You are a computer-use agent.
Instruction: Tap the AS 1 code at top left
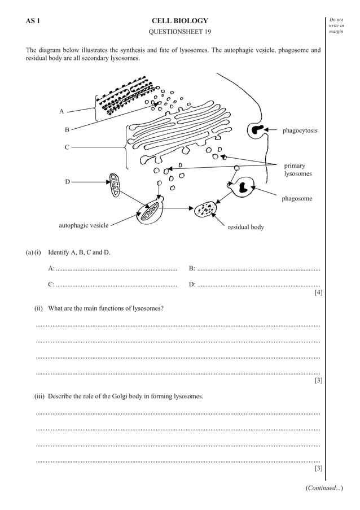click(32, 21)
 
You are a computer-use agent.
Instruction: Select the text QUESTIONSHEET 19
click(179, 32)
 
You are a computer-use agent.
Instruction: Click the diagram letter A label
click(61, 111)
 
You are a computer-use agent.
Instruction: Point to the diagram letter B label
click(67, 130)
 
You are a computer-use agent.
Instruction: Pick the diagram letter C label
click(67, 147)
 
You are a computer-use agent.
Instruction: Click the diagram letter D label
click(67, 182)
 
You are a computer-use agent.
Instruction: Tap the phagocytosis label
click(300, 130)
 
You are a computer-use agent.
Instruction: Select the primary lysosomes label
click(297, 169)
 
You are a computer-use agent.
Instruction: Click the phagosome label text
click(297, 199)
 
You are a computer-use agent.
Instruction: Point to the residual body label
click(245, 227)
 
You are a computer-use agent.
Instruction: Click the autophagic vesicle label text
click(84, 225)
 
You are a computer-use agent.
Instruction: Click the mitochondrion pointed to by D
click(115, 185)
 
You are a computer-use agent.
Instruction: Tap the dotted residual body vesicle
click(205, 210)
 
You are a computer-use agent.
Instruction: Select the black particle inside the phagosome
click(245, 187)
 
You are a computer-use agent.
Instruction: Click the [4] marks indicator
click(318, 292)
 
